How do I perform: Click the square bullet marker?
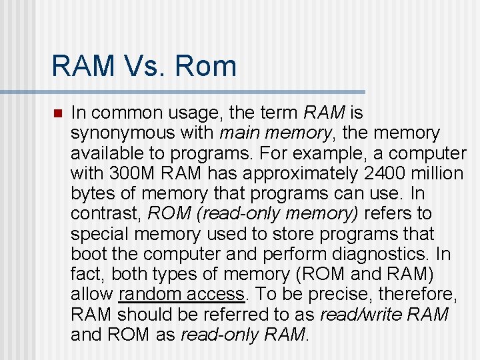(57, 113)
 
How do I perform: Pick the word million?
(437, 174)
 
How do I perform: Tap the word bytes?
(92, 194)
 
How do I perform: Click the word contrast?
(106, 214)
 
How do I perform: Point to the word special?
(100, 234)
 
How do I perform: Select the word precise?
(330, 294)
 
